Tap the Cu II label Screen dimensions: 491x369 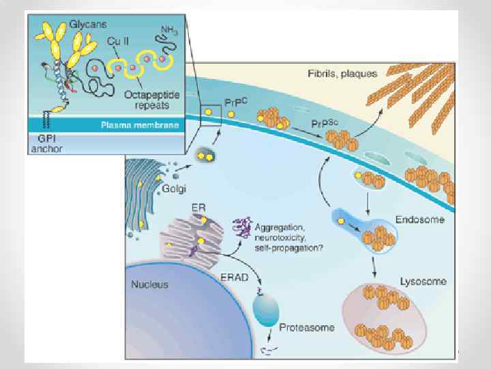pos(118,42)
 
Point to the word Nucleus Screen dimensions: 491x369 pos(151,284)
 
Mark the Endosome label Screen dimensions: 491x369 pos(420,220)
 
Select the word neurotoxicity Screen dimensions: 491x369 pos(279,236)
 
